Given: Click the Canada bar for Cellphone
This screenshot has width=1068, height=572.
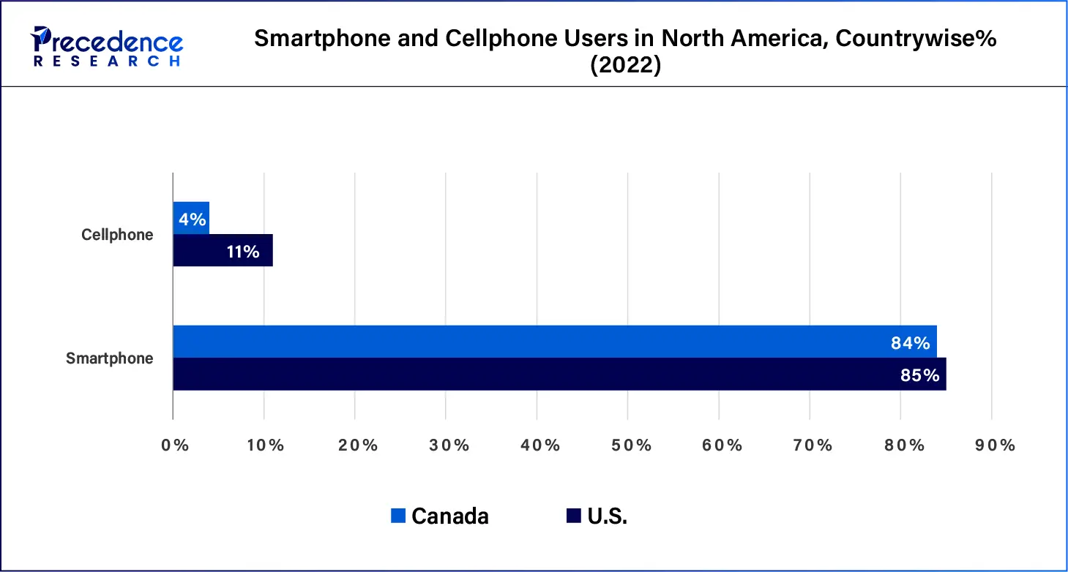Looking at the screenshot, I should [x=191, y=219].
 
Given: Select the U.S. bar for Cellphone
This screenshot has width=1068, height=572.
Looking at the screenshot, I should [x=223, y=251].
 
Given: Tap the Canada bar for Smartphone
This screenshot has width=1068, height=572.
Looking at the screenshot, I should [x=554, y=342].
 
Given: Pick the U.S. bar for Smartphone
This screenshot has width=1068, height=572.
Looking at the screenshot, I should [x=559, y=375].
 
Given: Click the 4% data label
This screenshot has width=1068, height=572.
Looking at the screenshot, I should [x=193, y=219].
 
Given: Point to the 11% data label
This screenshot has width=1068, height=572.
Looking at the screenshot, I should [x=242, y=252].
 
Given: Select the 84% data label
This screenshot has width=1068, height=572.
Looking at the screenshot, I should [x=910, y=343].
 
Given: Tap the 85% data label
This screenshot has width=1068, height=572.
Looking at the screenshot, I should [x=919, y=375].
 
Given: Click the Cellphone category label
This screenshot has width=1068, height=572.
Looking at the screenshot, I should [x=117, y=235].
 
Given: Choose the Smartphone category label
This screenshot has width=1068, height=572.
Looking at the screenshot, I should [x=110, y=358].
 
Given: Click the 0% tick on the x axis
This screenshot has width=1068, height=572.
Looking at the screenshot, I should [x=175, y=445].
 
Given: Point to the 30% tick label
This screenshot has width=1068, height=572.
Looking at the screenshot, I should [x=448, y=445].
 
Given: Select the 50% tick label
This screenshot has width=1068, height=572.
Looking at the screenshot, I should [x=630, y=445].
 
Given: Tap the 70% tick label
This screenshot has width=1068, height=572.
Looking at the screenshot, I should [x=813, y=445].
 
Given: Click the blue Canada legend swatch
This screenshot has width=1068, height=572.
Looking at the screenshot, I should [x=398, y=516].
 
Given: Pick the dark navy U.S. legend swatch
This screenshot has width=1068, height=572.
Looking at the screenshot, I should [x=573, y=516].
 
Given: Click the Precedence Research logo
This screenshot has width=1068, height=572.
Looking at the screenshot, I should [x=107, y=45].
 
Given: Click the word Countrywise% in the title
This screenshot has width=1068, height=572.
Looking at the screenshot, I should [x=916, y=39].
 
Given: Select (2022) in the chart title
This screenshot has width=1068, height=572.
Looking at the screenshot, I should [x=625, y=66].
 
